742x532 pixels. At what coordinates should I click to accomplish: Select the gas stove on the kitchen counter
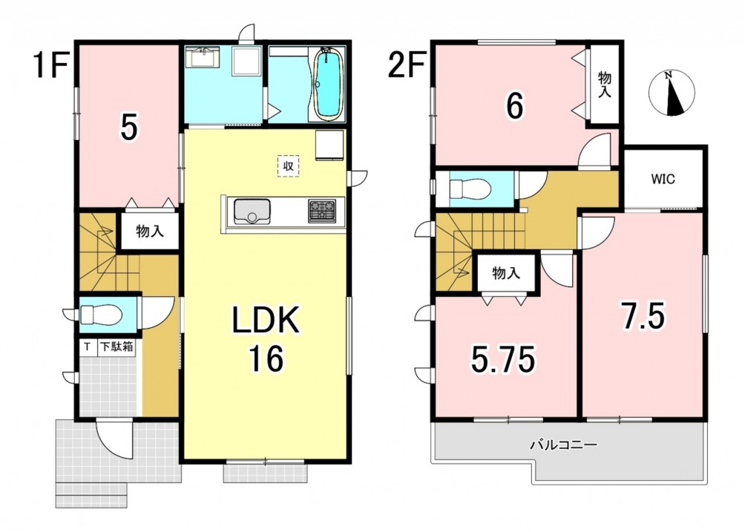(x=322, y=211)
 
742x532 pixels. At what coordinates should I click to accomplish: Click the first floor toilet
(x=101, y=314)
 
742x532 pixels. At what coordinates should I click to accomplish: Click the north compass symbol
(x=672, y=93)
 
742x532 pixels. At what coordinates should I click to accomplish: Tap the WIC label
(x=663, y=180)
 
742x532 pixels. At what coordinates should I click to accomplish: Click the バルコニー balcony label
(x=563, y=445)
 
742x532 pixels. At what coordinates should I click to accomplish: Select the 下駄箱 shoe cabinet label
(x=116, y=347)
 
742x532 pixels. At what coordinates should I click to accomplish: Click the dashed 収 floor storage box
(x=288, y=166)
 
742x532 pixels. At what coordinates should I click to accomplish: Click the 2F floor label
(x=406, y=66)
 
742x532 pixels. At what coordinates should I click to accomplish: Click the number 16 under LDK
(x=266, y=359)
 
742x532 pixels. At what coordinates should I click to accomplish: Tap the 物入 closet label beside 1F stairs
(x=150, y=231)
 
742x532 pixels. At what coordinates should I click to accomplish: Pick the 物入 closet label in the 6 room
(x=604, y=85)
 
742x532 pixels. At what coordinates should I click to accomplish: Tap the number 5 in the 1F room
(x=128, y=128)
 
